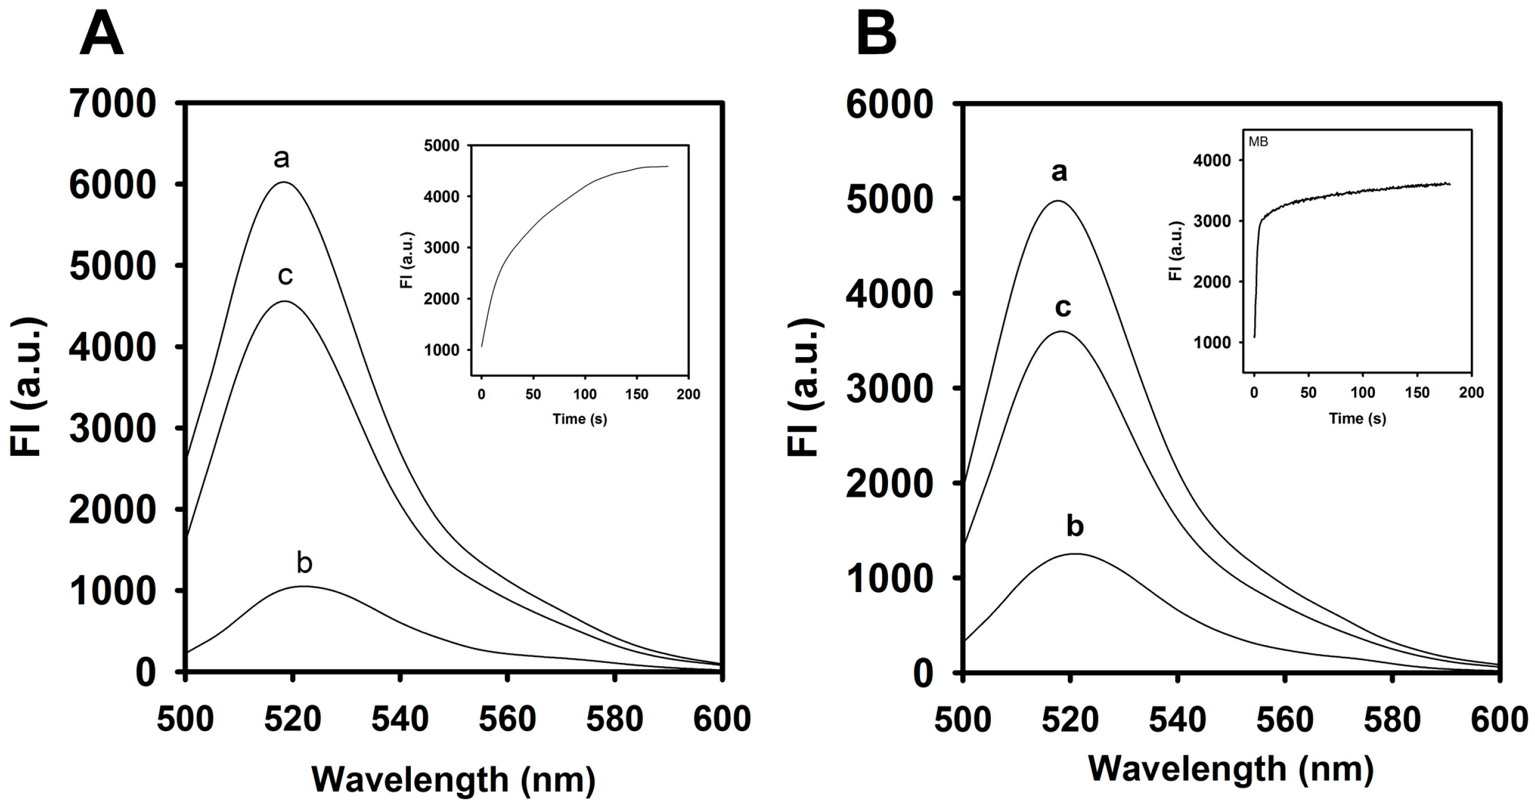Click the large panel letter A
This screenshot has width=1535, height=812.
pos(101,35)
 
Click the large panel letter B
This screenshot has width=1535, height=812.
pos(876,35)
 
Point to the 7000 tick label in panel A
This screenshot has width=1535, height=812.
pos(113,104)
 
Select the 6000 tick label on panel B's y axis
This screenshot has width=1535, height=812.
pos(889,105)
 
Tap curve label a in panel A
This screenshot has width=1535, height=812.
pos(281,159)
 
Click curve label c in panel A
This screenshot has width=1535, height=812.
pos(285,276)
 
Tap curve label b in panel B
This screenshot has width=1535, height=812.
pos(1074,526)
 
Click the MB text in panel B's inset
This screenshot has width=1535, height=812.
pos(1258,142)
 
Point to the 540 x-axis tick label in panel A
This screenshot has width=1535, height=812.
pos(400,719)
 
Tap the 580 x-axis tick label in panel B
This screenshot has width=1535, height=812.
pos(1392,719)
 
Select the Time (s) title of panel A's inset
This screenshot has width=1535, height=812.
pos(579,419)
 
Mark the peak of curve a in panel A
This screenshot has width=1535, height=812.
pos(284,182)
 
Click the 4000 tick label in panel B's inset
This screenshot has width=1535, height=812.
pos(1212,161)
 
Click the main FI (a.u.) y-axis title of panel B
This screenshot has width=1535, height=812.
pos(805,387)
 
